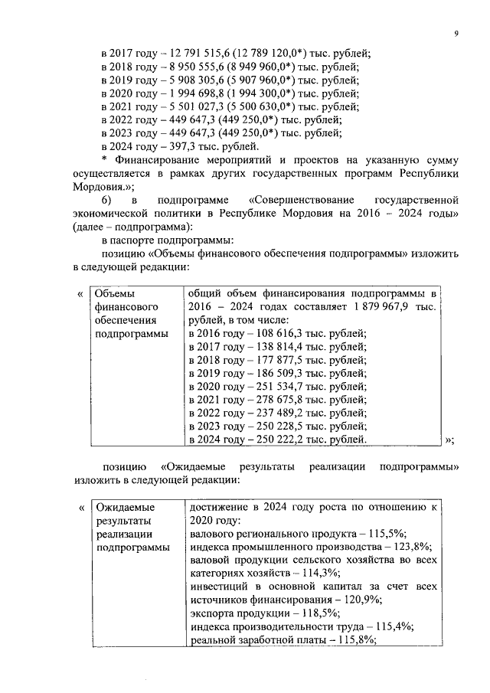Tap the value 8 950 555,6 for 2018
click(x=186, y=67)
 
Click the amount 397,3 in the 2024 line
click(x=173, y=147)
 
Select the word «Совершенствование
click(x=296, y=200)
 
